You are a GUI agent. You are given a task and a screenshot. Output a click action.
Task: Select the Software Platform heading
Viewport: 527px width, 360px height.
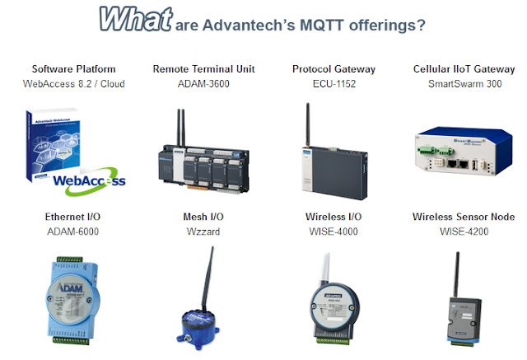pyautogui.click(x=73, y=68)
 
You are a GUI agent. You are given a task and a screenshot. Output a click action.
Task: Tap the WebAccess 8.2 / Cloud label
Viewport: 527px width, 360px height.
pyautogui.click(x=73, y=83)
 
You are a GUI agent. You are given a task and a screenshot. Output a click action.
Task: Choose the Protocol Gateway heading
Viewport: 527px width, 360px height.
pyautogui.click(x=329, y=68)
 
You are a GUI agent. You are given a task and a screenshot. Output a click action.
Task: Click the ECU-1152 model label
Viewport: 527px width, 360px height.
pyautogui.click(x=329, y=83)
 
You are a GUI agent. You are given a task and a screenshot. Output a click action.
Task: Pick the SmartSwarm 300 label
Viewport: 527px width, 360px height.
pyautogui.click(x=458, y=83)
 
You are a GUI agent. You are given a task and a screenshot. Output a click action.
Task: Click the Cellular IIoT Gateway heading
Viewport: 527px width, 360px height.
pyautogui.click(x=458, y=68)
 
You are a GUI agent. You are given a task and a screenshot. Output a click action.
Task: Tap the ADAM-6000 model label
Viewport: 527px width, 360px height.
pyautogui.click(x=73, y=231)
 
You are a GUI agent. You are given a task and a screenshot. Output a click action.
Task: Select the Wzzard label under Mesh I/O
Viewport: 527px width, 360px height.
pyautogui.click(x=200, y=231)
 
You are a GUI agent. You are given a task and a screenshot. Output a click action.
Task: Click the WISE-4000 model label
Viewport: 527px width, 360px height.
pyautogui.click(x=329, y=231)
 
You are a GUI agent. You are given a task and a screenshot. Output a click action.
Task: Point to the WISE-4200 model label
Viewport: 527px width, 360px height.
pyautogui.click(x=458, y=231)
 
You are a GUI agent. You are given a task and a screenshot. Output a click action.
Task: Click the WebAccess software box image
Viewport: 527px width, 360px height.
pyautogui.click(x=70, y=148)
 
